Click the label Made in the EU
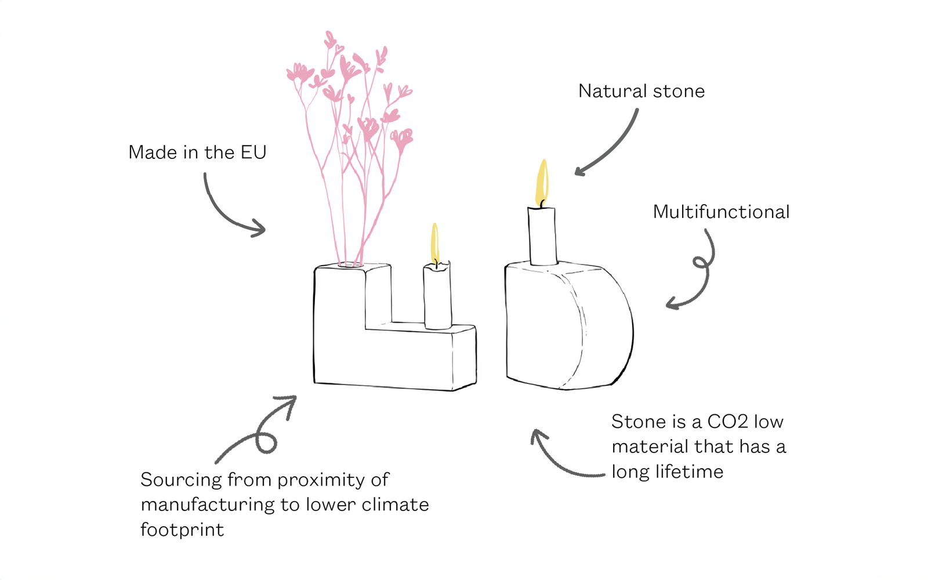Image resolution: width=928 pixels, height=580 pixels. pyautogui.click(x=197, y=153)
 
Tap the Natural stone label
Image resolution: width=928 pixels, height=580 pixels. pyautogui.click(x=641, y=91)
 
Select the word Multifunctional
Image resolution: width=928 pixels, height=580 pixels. pyautogui.click(x=721, y=212)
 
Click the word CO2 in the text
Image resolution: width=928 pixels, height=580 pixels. pyautogui.click(x=727, y=422)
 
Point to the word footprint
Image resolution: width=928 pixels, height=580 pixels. pyautogui.click(x=182, y=530)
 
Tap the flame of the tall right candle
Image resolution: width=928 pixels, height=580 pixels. pyautogui.click(x=542, y=182)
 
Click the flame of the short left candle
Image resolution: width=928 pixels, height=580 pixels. pyautogui.click(x=434, y=244)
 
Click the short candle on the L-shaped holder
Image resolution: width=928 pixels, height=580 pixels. pyautogui.click(x=437, y=297)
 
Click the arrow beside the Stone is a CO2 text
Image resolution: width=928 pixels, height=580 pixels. pyautogui.click(x=560, y=458)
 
